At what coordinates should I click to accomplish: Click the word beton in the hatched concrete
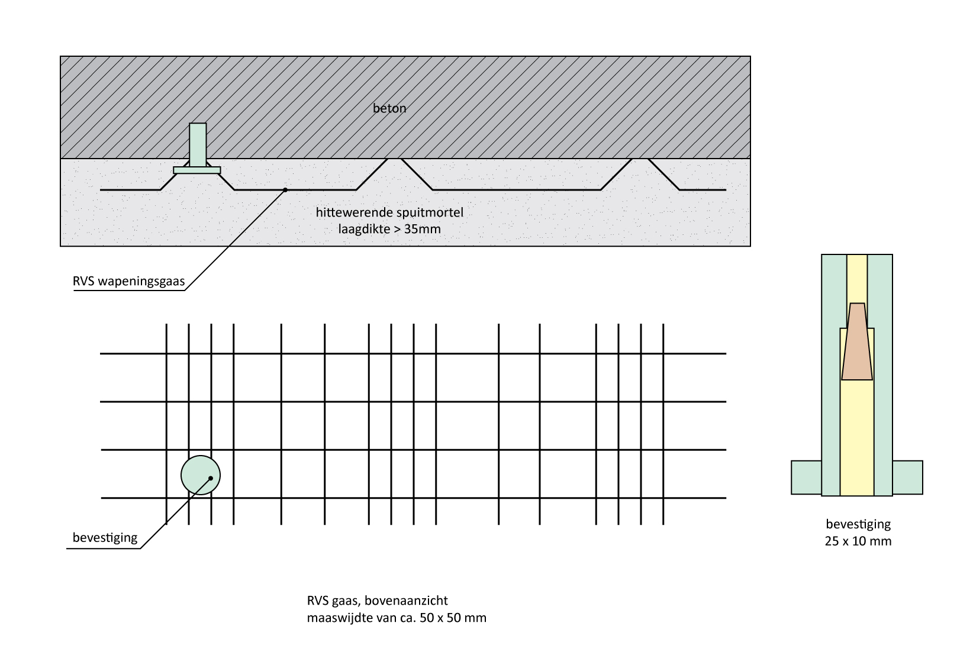tap(389, 108)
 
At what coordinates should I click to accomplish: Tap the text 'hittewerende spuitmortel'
tap(389, 212)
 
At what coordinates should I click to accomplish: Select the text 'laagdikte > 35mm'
tap(389, 228)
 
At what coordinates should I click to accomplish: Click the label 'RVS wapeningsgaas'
tap(128, 281)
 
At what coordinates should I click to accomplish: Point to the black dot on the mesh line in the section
tap(285, 190)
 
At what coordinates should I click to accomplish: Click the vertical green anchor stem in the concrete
tap(198, 143)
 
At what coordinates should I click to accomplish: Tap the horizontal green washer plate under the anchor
tap(197, 170)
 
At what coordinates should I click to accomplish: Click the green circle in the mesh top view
tap(194, 467)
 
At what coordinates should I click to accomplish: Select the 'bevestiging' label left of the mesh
tap(105, 538)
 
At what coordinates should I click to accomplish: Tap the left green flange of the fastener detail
tap(806, 477)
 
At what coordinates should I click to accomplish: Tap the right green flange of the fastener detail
tap(907, 477)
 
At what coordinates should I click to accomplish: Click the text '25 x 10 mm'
tap(858, 541)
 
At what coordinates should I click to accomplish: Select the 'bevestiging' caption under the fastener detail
tap(858, 524)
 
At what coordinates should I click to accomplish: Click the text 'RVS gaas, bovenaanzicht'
tap(377, 601)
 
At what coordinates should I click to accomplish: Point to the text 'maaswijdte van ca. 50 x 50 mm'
tap(397, 618)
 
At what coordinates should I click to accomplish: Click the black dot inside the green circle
tap(211, 478)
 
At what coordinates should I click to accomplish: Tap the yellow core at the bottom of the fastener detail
tap(856, 473)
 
